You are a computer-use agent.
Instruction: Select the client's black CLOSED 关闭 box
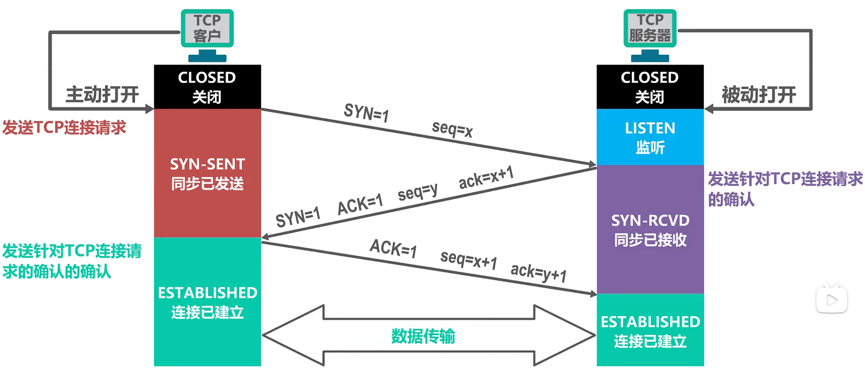coord(207,87)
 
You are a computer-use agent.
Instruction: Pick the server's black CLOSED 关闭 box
coord(650,87)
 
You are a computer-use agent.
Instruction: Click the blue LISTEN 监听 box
coord(650,137)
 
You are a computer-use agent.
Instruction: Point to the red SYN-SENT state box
coord(207,173)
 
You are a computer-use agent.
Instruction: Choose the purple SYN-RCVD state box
coord(650,230)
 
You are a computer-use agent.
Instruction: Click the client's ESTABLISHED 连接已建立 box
coord(207,302)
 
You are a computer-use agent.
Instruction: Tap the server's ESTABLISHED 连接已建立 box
coord(650,331)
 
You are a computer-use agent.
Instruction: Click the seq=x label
coord(452,129)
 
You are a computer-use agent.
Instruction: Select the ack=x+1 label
coord(486,178)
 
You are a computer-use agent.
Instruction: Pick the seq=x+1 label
coord(468,260)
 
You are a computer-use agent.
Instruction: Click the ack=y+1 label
coord(538,272)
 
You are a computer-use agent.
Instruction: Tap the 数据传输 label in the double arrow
coord(423,336)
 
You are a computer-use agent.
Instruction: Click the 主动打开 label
coord(102,95)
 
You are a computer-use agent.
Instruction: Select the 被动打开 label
coord(759,95)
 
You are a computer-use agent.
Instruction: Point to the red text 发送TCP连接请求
coord(64,128)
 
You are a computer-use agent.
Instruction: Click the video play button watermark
coord(832,299)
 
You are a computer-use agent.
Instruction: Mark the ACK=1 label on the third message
coord(393,248)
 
